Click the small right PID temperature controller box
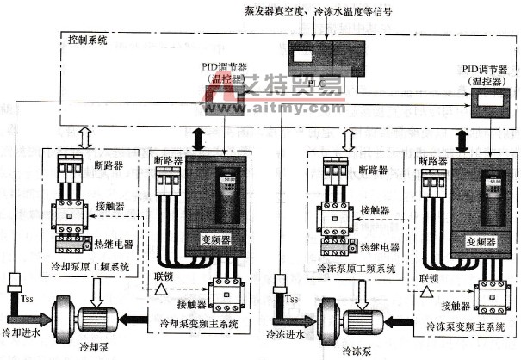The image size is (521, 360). (x=489, y=104)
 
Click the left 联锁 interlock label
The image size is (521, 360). (x=165, y=278)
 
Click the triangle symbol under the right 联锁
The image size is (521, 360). (x=428, y=293)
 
